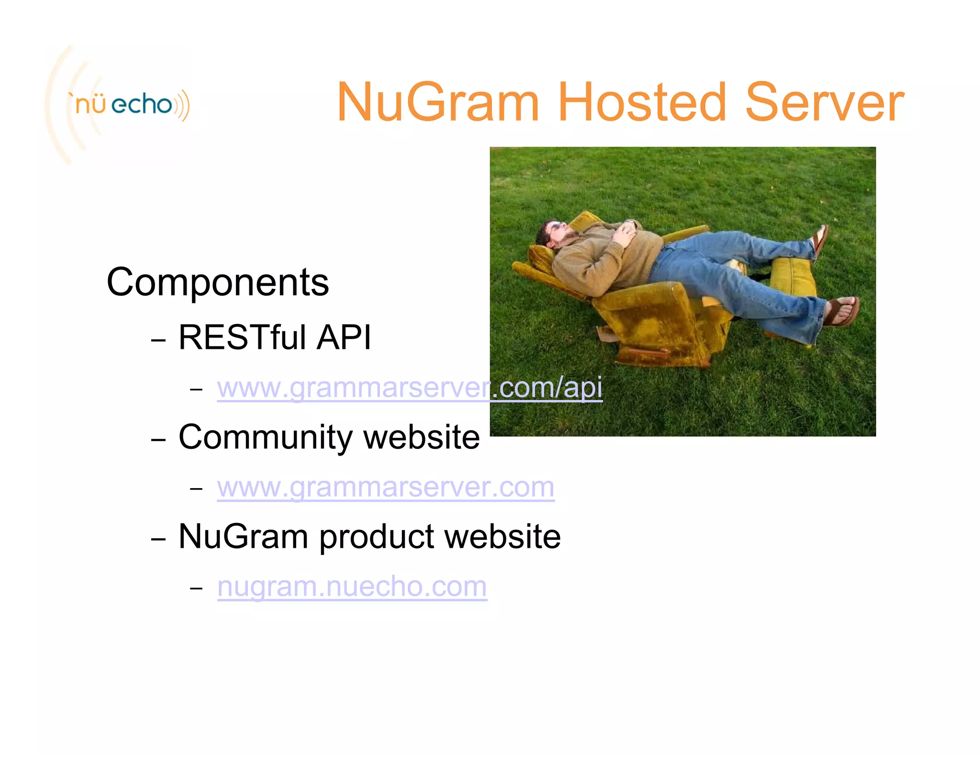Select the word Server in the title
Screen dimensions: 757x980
(824, 102)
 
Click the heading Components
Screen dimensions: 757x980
(218, 282)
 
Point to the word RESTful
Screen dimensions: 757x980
(242, 337)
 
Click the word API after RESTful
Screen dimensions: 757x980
(344, 337)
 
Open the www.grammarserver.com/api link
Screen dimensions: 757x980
(409, 388)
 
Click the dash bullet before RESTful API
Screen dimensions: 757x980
(158, 340)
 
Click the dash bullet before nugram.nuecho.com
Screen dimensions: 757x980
(196, 588)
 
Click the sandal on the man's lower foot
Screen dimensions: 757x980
(845, 311)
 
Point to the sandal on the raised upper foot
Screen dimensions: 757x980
(821, 239)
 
